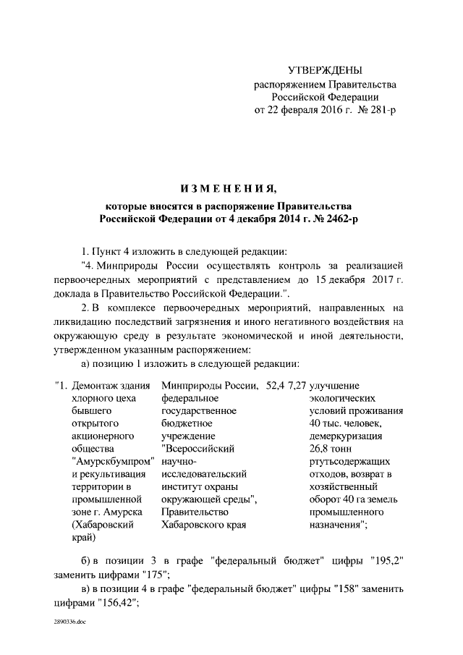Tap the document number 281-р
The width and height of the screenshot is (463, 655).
tap(379, 109)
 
